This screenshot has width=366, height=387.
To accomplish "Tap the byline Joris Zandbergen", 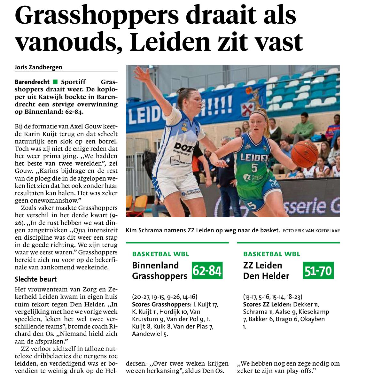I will pos(38,67).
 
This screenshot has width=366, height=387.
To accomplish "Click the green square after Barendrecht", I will pos(55,82).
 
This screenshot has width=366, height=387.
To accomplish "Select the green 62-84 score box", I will pos(207,271).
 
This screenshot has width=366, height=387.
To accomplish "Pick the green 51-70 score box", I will pos(318,271).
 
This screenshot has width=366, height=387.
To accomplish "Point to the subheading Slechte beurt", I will pos(35,279).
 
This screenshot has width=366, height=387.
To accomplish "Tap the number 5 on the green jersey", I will pos(254,168).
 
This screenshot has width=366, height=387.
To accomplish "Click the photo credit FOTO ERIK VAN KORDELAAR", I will pos(311,230).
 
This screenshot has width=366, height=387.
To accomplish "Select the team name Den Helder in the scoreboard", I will pos(266,276).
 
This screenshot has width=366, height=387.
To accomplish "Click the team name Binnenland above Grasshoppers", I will pos(155,265).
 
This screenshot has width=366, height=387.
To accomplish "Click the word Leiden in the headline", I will pos(170,42).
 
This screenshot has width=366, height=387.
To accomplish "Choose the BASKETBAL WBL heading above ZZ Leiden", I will pos(271,254).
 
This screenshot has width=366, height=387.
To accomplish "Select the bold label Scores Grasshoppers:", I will pos(161,304).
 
